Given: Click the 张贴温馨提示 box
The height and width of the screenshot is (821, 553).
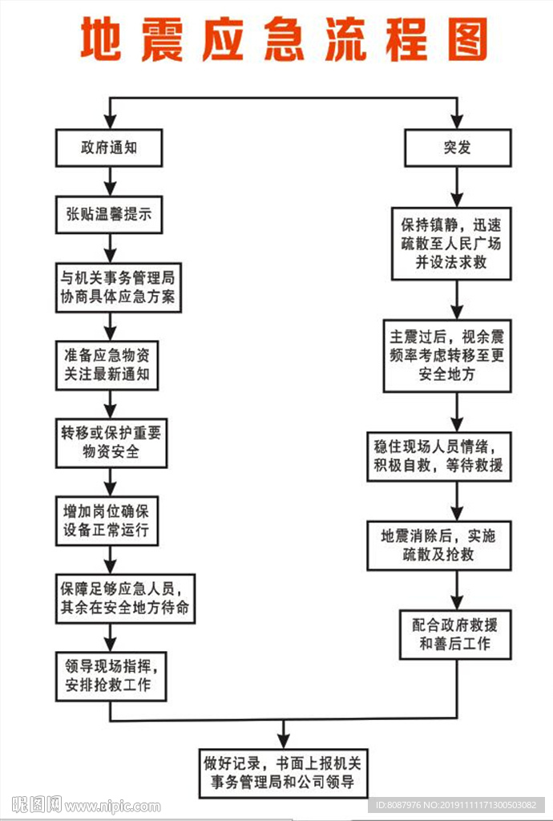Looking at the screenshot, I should [111, 214].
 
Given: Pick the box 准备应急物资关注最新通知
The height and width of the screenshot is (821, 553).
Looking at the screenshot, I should [111, 365].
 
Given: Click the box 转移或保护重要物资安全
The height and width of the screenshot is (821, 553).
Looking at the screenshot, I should [111, 443].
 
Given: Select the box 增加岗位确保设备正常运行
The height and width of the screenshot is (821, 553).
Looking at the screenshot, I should [111, 520].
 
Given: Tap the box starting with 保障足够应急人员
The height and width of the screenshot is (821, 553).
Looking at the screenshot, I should [125, 598].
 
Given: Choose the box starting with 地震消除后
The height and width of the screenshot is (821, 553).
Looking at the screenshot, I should [438, 545].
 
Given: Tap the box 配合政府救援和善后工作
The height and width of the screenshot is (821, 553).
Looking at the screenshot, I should [455, 634].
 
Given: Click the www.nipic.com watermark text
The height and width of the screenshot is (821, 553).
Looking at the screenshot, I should [112, 806].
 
